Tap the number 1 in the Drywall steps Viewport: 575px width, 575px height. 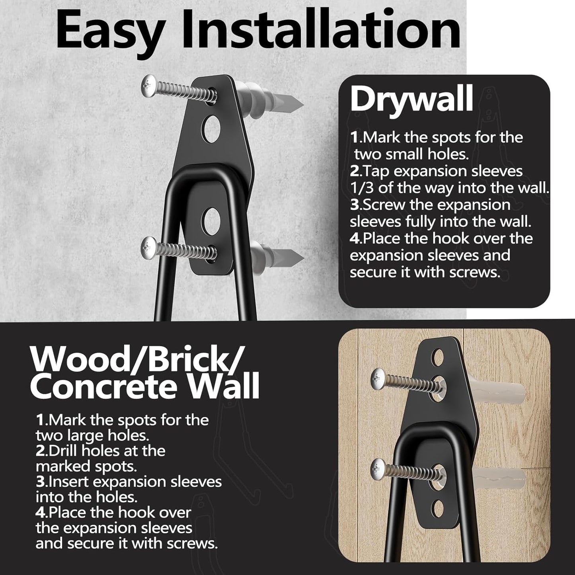tap(354, 138)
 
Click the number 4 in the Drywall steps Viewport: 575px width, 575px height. tap(355, 239)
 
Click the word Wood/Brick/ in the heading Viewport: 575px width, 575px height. tap(135, 360)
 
